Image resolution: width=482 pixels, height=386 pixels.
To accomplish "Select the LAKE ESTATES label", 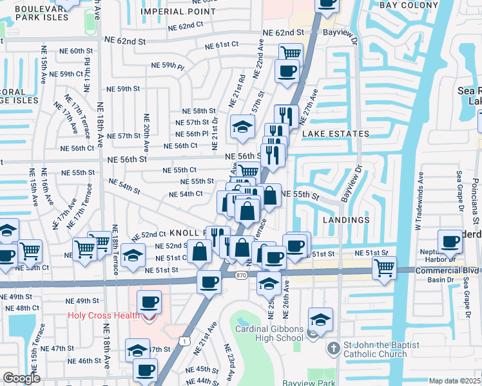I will [x=335, y=134].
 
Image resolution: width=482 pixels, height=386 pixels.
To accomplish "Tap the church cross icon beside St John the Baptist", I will [x=333, y=349].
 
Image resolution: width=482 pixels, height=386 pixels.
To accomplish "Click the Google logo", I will [x=22, y=378].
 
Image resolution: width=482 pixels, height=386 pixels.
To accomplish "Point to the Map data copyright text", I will [x=455, y=381].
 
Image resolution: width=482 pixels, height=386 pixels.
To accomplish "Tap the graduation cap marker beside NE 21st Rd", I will [x=242, y=126].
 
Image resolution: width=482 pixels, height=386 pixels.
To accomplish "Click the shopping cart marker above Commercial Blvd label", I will [x=384, y=266].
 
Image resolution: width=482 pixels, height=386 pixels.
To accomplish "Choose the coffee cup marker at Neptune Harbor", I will [x=450, y=241].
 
